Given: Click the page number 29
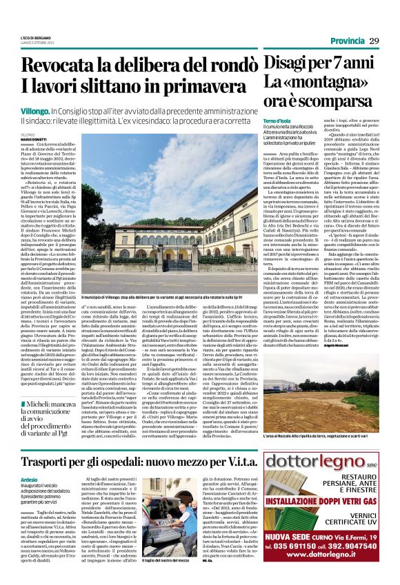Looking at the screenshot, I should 374,41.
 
